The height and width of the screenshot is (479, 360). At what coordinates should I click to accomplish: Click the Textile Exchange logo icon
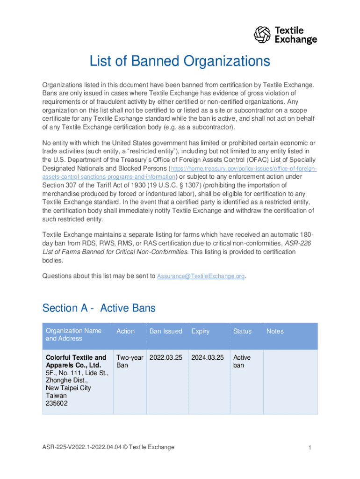tap(262, 35)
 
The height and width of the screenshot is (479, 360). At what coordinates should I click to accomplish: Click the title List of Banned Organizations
tap(180, 61)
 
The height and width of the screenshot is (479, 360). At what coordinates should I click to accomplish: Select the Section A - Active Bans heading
tap(99, 308)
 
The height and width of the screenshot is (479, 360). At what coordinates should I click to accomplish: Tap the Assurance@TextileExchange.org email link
tap(201, 276)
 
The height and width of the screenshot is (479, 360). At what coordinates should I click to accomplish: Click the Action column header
tap(125, 331)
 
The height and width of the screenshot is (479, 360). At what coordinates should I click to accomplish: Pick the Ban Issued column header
tap(166, 331)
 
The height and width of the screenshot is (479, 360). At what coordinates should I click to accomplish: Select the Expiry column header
tap(200, 331)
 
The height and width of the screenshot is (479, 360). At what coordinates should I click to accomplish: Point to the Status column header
tap(242, 331)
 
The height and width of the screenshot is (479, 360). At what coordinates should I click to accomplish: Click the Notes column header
tap(275, 331)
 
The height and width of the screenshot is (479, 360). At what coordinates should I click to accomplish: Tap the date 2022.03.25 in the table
tap(166, 357)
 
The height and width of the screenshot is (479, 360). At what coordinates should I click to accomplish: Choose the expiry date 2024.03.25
tap(207, 357)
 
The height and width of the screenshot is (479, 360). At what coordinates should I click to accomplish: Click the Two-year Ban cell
tap(130, 361)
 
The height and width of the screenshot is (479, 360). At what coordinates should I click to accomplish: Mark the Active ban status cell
tap(242, 361)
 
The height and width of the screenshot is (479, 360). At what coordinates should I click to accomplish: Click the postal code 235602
tap(57, 403)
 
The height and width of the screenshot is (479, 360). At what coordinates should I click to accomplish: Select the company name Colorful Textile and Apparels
tap(76, 361)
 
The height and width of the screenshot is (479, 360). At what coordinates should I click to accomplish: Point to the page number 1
tap(310, 448)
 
